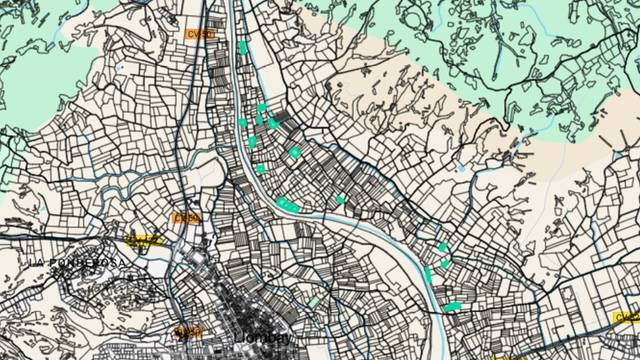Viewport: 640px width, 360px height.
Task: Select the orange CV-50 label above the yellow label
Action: coord(187,217)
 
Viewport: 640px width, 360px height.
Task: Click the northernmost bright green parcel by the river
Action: coord(242,47)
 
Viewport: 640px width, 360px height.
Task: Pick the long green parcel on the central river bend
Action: coord(288,205)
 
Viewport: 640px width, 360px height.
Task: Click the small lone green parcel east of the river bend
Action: coord(341,200)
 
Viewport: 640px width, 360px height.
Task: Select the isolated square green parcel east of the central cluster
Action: coord(294,152)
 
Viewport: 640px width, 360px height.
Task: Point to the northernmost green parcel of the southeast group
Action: coord(442,246)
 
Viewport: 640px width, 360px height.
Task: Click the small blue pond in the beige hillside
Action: coord(460,168)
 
